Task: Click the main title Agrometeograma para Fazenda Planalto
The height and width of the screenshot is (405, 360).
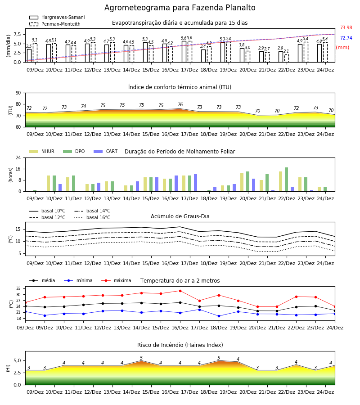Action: (x=180, y=8)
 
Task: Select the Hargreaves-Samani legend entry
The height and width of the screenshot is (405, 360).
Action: (x=57, y=17)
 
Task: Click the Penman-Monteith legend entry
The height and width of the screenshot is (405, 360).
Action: (x=55, y=24)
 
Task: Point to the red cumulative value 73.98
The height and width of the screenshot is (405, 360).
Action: (x=346, y=27)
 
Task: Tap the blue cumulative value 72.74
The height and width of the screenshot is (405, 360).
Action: (x=346, y=38)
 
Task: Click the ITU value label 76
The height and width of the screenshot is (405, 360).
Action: (x=180, y=104)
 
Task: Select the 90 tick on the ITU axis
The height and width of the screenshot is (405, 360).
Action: (x=18, y=93)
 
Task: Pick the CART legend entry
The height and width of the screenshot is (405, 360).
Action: (x=106, y=151)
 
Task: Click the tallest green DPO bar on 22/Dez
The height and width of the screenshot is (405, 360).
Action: (x=286, y=180)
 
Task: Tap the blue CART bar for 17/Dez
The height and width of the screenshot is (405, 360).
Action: (x=195, y=183)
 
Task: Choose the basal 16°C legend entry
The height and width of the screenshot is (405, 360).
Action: (x=92, y=217)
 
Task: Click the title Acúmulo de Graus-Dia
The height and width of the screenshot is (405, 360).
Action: (x=180, y=216)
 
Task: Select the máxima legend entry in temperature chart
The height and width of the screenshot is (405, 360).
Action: (x=117, y=280)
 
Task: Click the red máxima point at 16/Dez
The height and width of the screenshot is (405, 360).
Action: (x=180, y=291)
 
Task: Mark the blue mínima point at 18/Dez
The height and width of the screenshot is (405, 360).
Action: (x=219, y=316)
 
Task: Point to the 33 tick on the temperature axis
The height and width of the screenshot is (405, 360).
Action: (x=18, y=288)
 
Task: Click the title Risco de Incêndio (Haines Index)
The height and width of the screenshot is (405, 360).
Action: (x=180, y=345)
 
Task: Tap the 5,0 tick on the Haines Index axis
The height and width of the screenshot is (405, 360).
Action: (x=18, y=360)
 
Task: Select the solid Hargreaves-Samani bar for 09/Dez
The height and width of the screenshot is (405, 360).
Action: (x=29, y=56)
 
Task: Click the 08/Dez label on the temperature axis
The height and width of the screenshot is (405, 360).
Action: (x=25, y=328)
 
